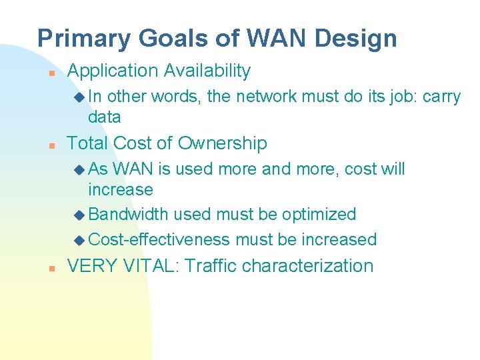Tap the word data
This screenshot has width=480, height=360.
click(x=105, y=117)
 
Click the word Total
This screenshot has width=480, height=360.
click(x=88, y=143)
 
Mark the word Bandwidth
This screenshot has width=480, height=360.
click(x=129, y=215)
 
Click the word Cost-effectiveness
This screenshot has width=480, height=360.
click(x=159, y=239)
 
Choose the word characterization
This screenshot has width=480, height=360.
click(x=308, y=266)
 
